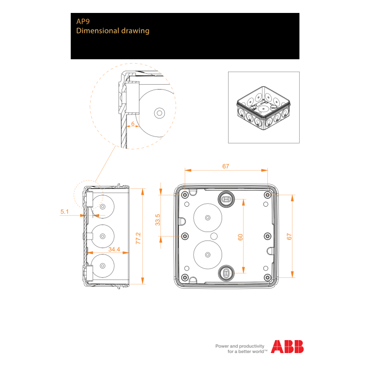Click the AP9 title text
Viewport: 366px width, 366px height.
point(83,21)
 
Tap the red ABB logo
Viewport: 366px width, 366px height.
point(287,347)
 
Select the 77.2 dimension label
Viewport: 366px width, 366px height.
point(138,238)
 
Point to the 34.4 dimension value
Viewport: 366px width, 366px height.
point(114,249)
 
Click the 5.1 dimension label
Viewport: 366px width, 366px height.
point(64,212)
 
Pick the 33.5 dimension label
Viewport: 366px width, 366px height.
point(158,220)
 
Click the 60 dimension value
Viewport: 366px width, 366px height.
point(240,237)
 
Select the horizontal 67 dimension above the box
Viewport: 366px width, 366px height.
point(226,166)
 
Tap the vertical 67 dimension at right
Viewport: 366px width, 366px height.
point(289,237)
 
